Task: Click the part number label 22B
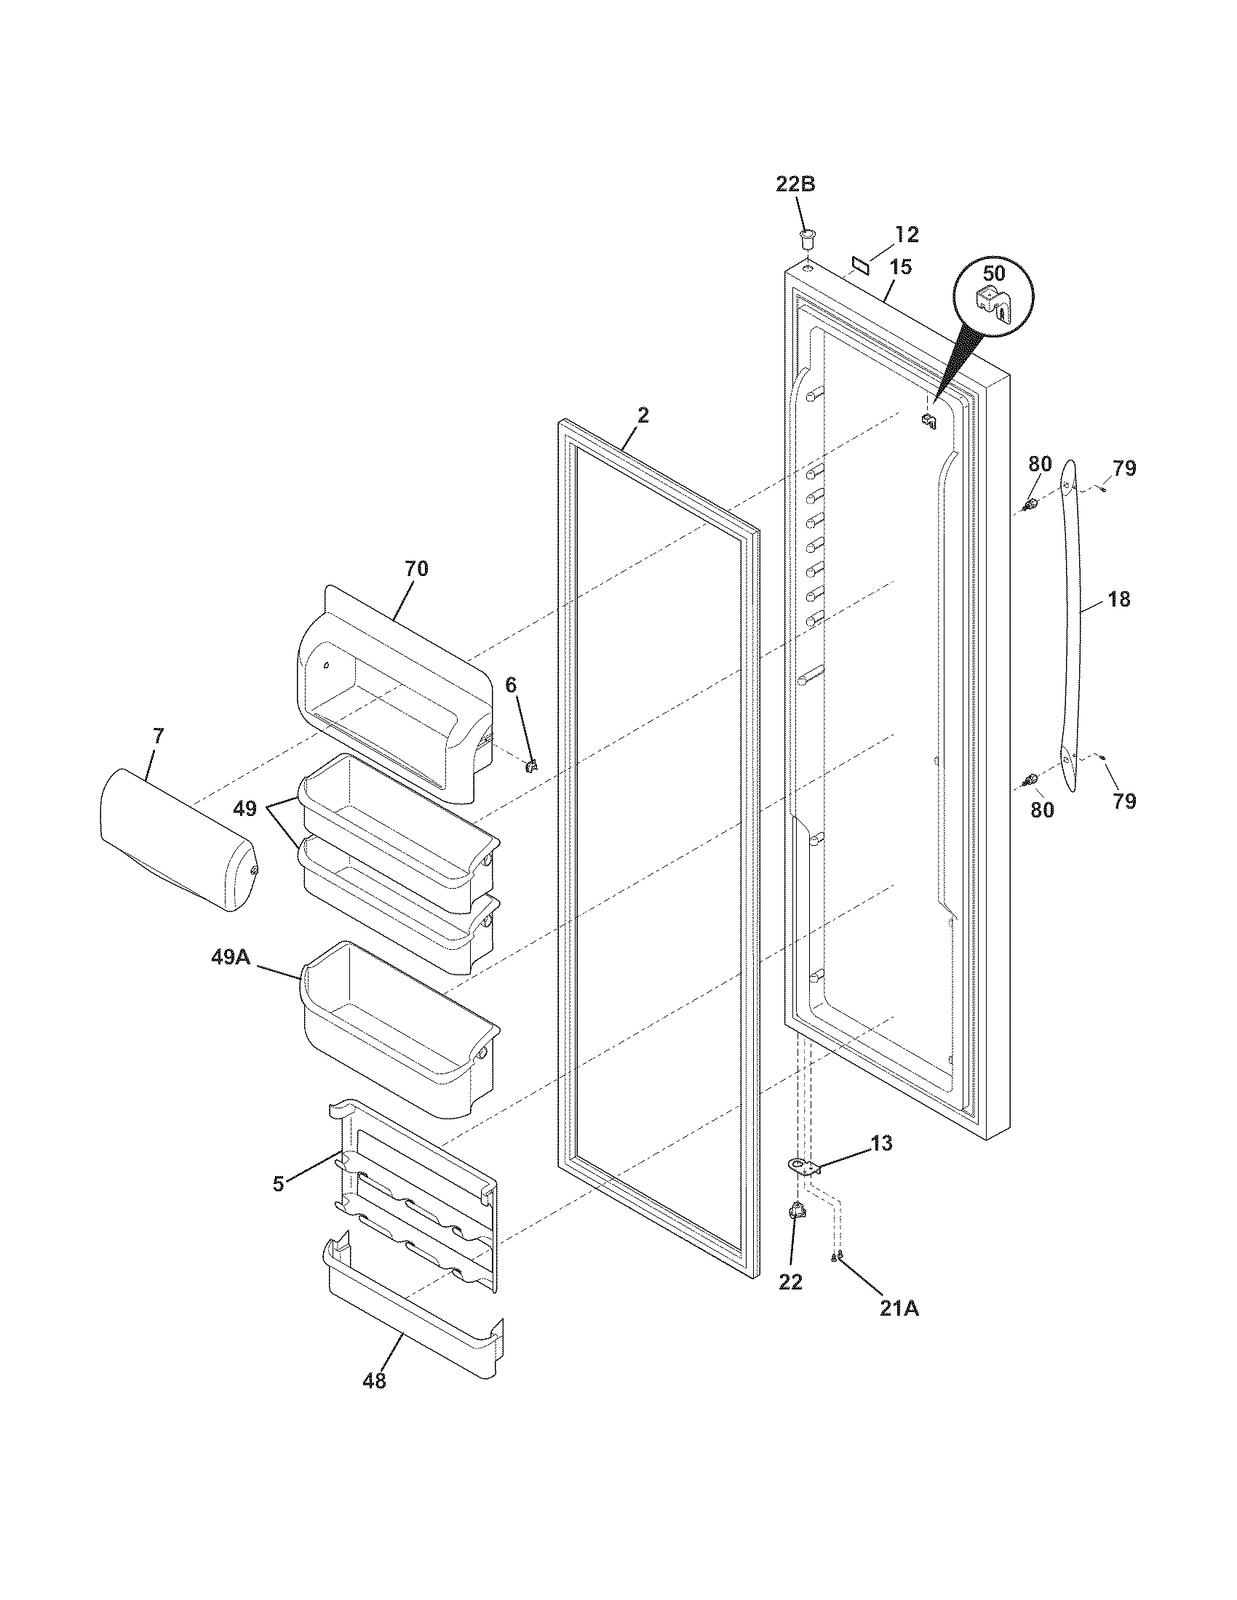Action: pyautogui.click(x=796, y=185)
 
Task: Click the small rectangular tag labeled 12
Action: pyautogui.click(x=859, y=264)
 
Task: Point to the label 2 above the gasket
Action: pyautogui.click(x=643, y=416)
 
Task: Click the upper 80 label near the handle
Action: pyautogui.click(x=1039, y=464)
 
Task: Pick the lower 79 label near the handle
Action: pyautogui.click(x=1123, y=801)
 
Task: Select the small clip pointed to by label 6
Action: pyautogui.click(x=532, y=766)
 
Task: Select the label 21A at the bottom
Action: pyautogui.click(x=899, y=1308)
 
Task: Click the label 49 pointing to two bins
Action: pyautogui.click(x=244, y=809)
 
